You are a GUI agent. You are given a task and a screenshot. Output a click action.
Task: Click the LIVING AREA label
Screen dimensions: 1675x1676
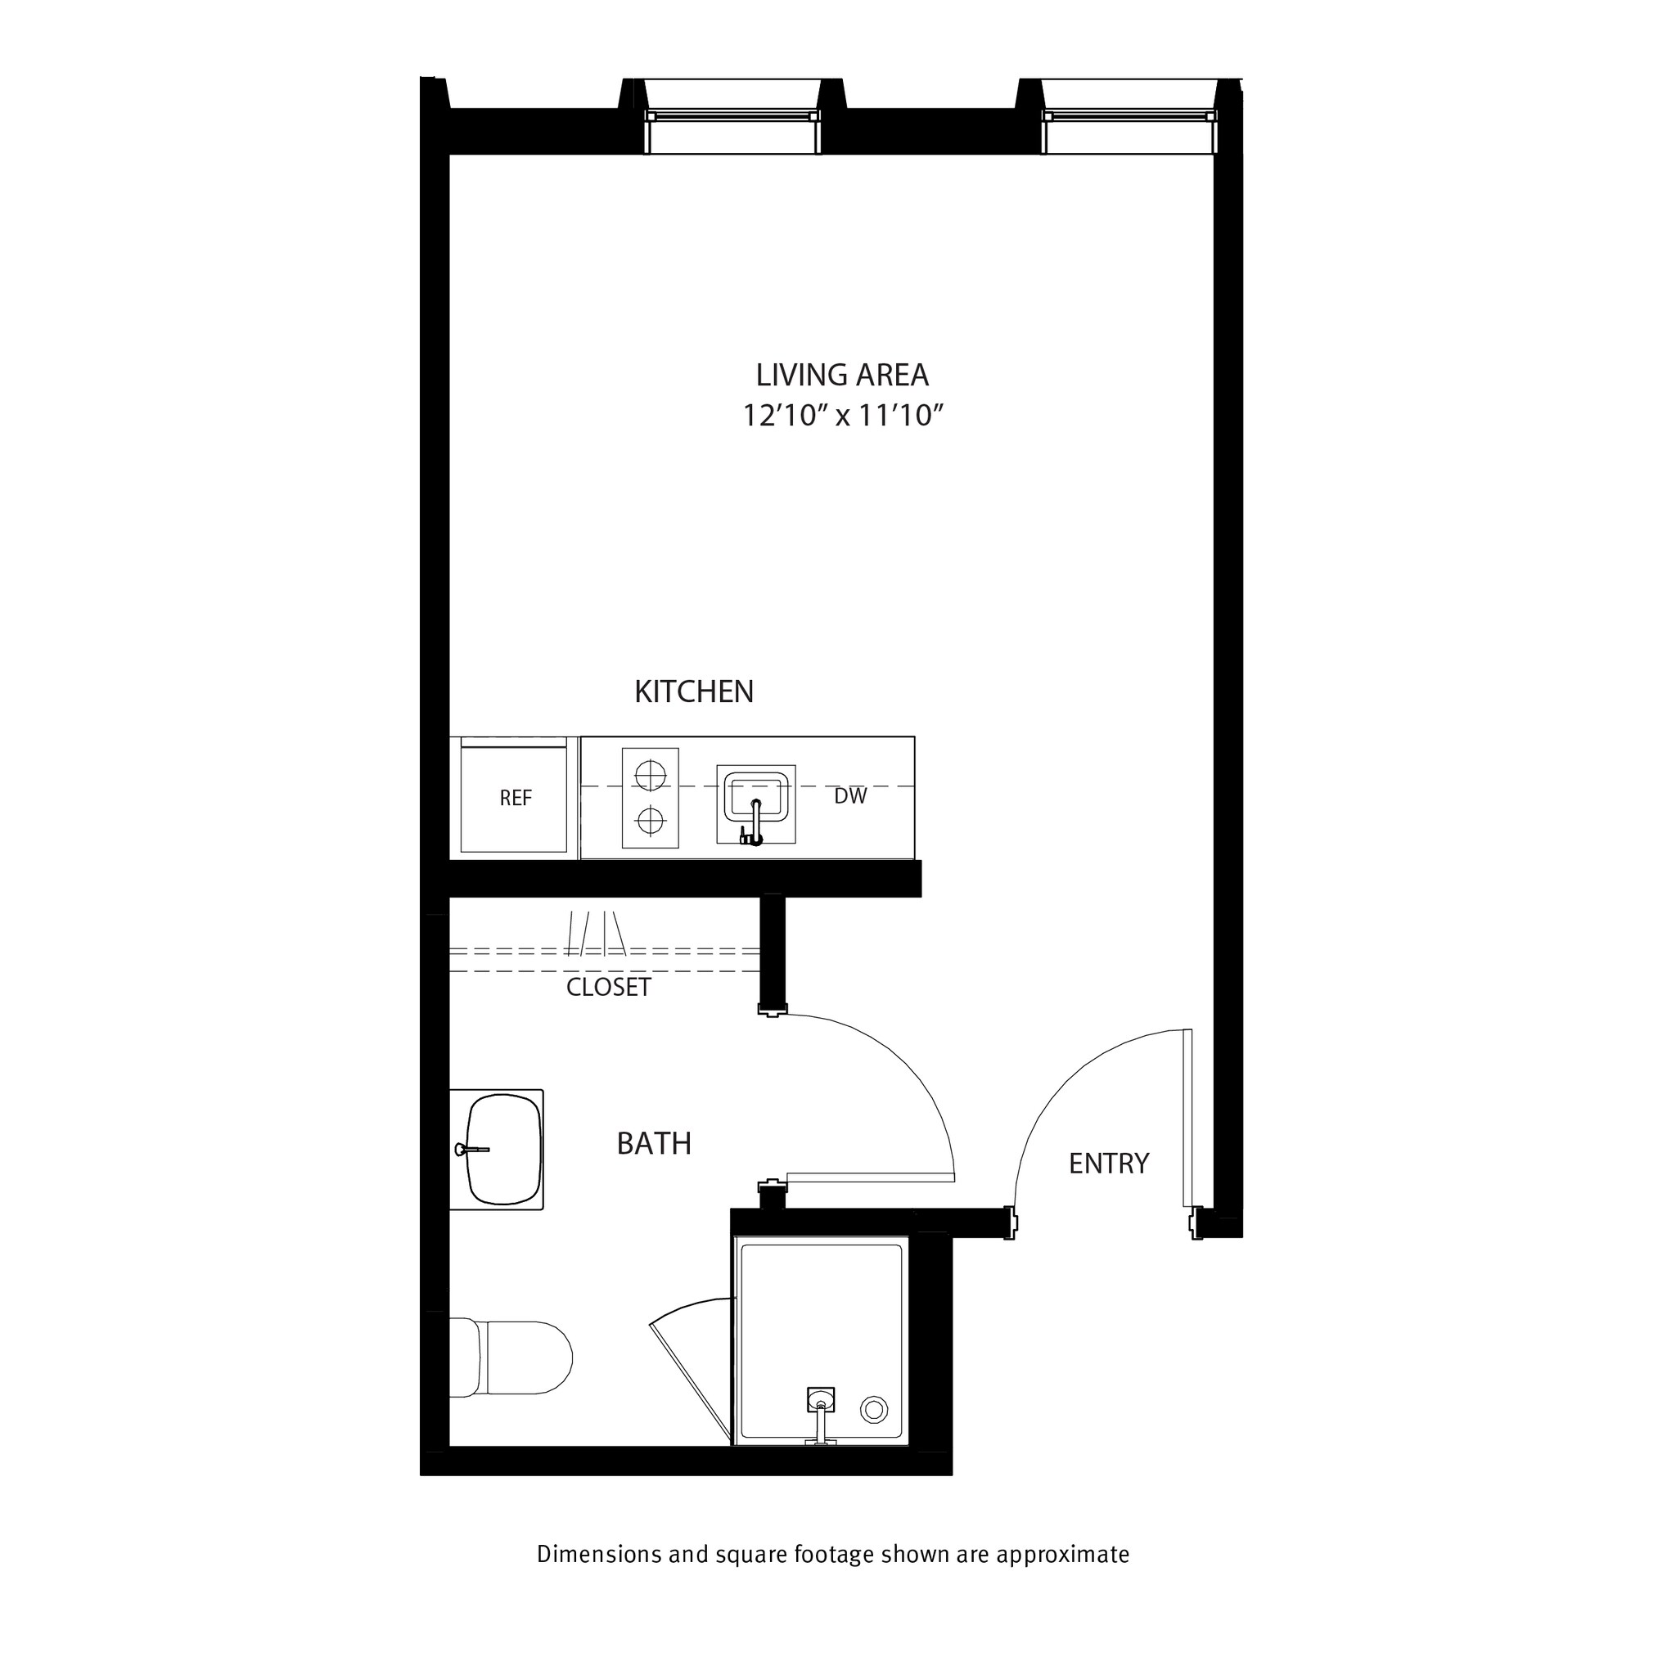[x=841, y=375]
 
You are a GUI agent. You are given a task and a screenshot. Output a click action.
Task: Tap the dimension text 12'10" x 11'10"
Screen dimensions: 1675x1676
[x=841, y=416]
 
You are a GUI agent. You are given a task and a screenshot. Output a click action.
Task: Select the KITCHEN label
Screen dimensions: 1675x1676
[x=693, y=691]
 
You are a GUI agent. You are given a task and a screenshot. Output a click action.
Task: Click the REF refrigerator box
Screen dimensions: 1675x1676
[x=515, y=797]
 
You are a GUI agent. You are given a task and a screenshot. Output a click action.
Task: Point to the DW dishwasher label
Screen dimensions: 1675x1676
[x=849, y=795]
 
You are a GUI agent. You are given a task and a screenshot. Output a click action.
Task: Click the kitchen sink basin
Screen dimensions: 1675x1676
[x=756, y=795]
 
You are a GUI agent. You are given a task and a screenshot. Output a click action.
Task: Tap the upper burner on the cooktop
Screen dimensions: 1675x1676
[x=650, y=775]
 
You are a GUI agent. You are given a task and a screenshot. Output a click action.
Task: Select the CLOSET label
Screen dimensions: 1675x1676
[x=607, y=987]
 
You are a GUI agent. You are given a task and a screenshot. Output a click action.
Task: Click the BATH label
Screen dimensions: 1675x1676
[x=653, y=1143]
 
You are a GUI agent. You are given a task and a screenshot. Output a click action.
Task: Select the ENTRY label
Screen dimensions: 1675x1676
[x=1108, y=1162]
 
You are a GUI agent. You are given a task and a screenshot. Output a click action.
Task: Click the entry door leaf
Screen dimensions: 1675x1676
[x=1187, y=1119]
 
